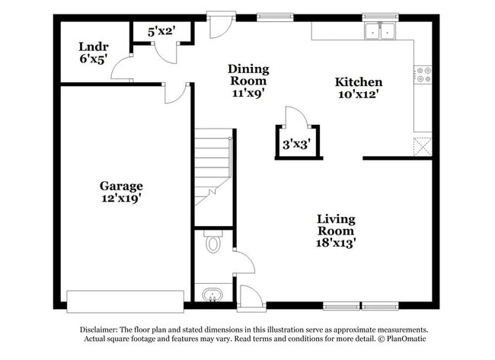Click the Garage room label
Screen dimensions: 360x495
coord(121,186)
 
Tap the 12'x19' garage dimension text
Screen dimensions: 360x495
coord(121,198)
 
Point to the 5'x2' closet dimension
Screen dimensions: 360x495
coord(161,31)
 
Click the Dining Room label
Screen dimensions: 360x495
coord(248,75)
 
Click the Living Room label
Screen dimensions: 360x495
coord(336,225)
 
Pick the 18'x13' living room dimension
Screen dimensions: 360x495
coord(336,243)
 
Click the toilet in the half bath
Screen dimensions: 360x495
coord(212,244)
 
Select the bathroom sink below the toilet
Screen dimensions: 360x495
coord(210,295)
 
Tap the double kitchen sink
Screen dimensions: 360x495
coord(380,31)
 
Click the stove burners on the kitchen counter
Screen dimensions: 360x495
coord(423,75)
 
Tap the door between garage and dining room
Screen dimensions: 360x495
coord(175,94)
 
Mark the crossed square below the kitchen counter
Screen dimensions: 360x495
coord(423,145)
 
